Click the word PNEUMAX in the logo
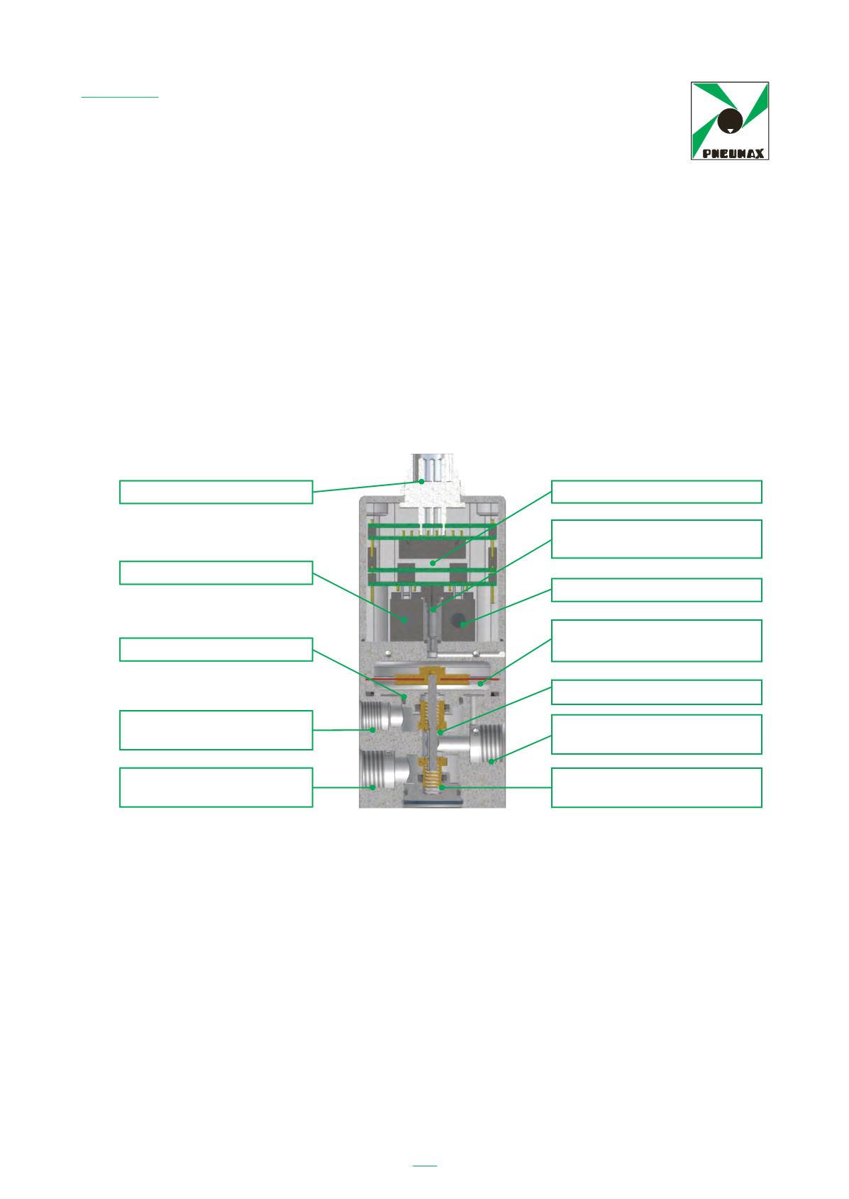[x=733, y=154]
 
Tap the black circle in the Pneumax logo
[x=730, y=120]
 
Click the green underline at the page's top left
[x=120, y=97]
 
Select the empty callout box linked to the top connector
[x=216, y=492]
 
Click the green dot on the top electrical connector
[x=421, y=481]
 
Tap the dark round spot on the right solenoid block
[x=458, y=620]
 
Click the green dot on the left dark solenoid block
[x=405, y=619]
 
